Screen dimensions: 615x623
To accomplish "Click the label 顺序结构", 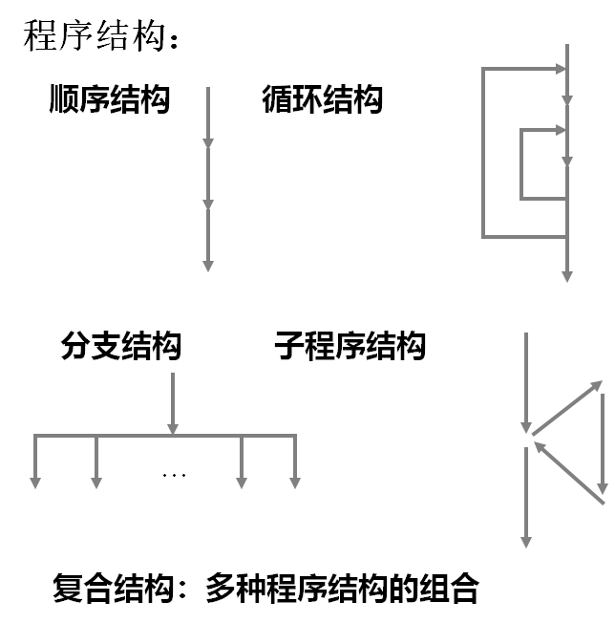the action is click(109, 99).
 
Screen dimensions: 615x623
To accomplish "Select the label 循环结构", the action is click(322, 99).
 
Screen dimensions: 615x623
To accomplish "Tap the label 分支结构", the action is click(120, 345).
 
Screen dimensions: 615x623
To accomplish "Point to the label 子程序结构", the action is click(350, 345).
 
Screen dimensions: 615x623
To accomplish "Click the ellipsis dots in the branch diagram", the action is click(174, 474).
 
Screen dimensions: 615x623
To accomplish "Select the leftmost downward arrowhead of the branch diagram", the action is click(36, 481).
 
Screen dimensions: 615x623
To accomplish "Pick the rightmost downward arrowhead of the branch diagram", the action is click(295, 481).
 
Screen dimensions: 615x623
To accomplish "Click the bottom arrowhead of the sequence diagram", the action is click(207, 265).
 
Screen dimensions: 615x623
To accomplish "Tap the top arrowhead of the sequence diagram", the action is click(207, 142).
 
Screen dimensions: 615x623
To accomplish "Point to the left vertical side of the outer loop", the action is click(484, 153).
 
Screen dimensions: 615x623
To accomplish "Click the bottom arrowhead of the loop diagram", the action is click(567, 275).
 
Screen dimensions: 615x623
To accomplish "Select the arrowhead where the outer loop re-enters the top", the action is click(561, 69).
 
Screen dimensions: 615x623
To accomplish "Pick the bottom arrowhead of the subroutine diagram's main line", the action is click(526, 541).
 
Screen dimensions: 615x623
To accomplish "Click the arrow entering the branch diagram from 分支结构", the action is click(173, 401).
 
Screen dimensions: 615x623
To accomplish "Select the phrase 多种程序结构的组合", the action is click(342, 588).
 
